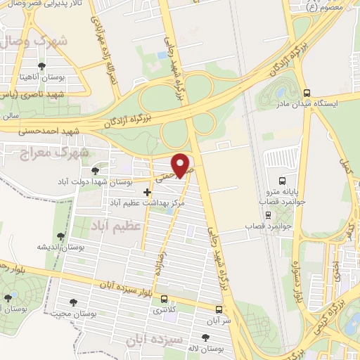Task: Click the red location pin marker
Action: tap(181, 165)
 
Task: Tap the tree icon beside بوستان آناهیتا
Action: tap(44, 66)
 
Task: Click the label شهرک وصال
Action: tap(42, 41)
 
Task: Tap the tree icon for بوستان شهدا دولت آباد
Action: tap(95, 170)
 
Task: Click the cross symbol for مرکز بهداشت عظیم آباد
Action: tap(146, 191)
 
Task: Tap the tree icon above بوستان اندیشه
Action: tap(60, 236)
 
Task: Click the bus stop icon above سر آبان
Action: tap(219, 309)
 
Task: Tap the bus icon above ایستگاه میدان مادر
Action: tap(307, 92)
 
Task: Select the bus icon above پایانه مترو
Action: tap(282, 181)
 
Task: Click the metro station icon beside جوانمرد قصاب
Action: tap(267, 214)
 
